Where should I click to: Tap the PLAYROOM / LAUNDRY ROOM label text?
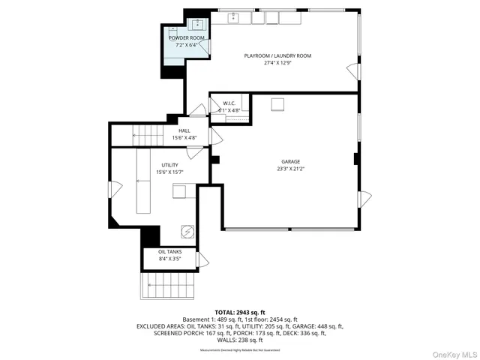click(x=277, y=56)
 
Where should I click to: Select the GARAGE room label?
click(x=290, y=161)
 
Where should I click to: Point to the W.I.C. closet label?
click(x=229, y=103)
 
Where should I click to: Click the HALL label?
click(x=184, y=130)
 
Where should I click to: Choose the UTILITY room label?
click(x=170, y=165)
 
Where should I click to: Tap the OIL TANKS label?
click(x=169, y=252)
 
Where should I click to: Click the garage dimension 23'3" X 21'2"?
click(x=290, y=169)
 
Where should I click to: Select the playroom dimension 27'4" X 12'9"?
click(x=277, y=64)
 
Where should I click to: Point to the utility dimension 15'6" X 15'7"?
click(x=170, y=172)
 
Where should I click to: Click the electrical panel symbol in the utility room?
click(x=187, y=232)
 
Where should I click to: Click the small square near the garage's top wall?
click(x=277, y=103)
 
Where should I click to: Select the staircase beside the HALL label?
click(x=148, y=136)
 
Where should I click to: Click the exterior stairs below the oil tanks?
click(x=169, y=286)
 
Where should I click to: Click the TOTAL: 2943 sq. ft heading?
click(x=240, y=312)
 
